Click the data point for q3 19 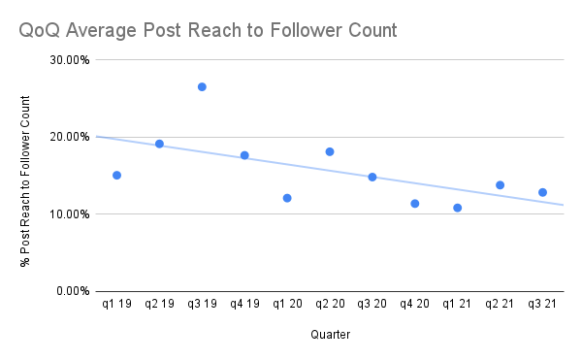(x=202, y=87)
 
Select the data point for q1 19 (x=116, y=176)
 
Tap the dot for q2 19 (x=159, y=145)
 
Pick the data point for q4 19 (x=244, y=155)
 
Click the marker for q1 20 (x=287, y=198)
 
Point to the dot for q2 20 (x=330, y=151)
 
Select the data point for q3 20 (x=372, y=177)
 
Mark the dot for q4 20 (x=414, y=204)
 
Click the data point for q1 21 (x=457, y=208)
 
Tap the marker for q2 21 (x=500, y=185)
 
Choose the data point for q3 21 (x=542, y=192)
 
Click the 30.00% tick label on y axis (x=69, y=60)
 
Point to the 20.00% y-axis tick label (x=69, y=137)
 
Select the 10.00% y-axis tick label (x=69, y=214)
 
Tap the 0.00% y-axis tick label (x=72, y=291)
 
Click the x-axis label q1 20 (x=287, y=306)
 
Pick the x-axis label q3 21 (x=542, y=306)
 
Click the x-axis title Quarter (x=330, y=335)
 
